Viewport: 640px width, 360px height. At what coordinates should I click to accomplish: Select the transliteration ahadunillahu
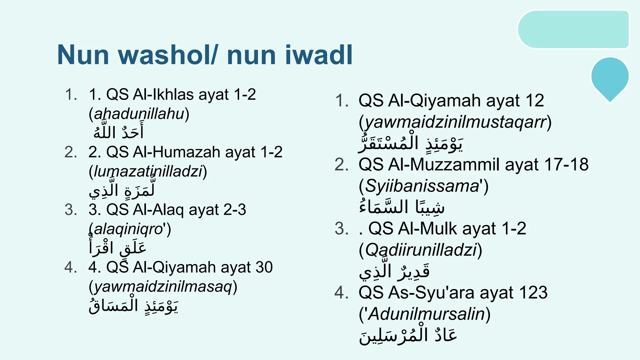(x=139, y=114)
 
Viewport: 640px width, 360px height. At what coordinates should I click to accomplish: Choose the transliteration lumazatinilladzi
(x=148, y=172)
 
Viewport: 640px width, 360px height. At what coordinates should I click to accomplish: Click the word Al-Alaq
(x=158, y=210)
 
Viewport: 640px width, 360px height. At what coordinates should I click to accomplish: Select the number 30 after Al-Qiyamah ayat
(x=264, y=267)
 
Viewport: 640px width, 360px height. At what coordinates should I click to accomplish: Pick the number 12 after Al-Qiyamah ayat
(x=534, y=101)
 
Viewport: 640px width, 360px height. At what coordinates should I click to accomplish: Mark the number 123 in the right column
(x=533, y=293)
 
